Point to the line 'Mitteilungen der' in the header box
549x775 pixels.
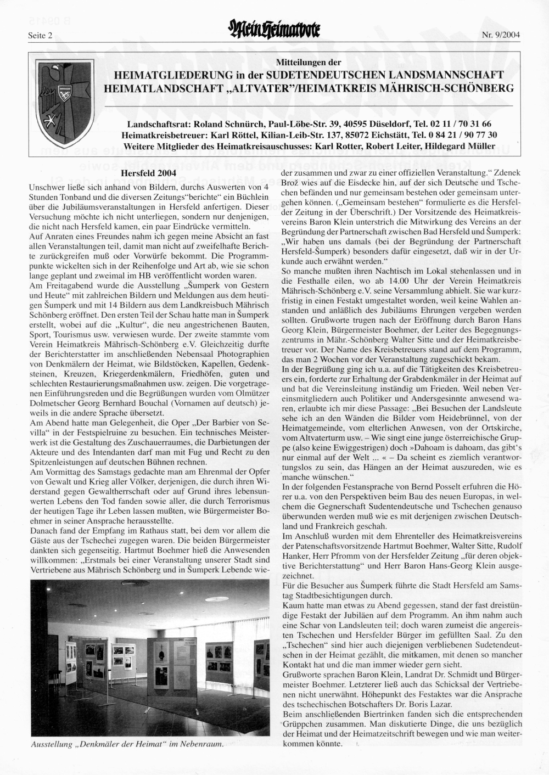click(308, 63)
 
